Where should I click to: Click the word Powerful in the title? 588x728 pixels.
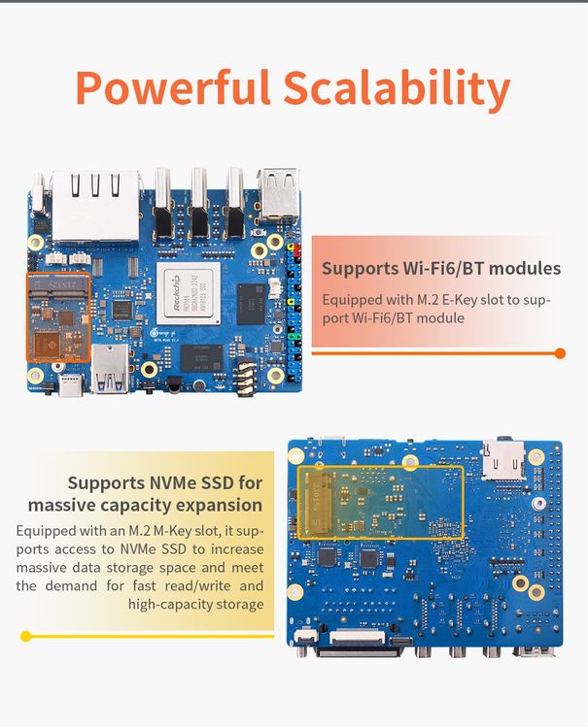173,88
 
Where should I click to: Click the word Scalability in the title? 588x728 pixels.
397,88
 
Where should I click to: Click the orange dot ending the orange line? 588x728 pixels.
560,353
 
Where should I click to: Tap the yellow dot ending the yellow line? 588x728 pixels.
26,637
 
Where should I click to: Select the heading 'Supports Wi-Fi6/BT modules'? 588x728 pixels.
440,268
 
